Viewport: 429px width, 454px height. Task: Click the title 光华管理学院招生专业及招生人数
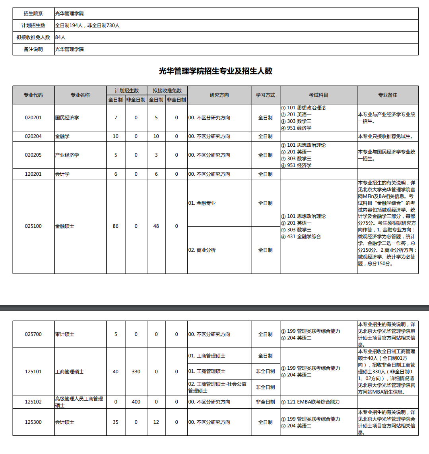(215, 71)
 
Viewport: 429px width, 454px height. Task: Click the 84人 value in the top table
(60, 37)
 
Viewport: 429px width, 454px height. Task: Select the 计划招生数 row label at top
(33, 25)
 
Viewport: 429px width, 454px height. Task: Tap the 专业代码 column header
(33, 95)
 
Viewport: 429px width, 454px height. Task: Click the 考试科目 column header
(318, 95)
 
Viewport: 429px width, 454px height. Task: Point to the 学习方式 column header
(265, 95)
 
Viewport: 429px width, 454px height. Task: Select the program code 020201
(33, 118)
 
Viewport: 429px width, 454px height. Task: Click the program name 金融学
(62, 136)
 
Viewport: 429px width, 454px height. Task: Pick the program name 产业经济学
(67, 155)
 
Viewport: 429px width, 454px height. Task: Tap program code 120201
(33, 174)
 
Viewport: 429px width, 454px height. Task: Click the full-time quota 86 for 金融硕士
(116, 226)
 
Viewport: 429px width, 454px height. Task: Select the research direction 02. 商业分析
(202, 250)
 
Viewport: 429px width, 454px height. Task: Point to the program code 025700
(33, 334)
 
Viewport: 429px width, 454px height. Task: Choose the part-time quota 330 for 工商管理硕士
(136, 372)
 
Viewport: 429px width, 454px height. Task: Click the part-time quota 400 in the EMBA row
(136, 402)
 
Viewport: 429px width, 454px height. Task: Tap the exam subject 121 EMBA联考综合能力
(313, 402)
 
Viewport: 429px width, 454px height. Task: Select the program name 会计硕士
(65, 422)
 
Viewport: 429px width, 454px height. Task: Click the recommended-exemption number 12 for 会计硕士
(156, 422)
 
